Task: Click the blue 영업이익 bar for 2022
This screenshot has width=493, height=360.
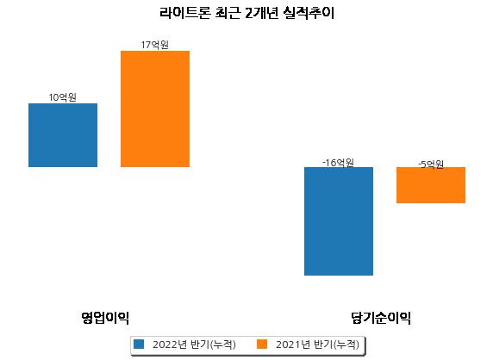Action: point(63,135)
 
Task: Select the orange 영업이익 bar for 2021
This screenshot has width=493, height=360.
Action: point(155,109)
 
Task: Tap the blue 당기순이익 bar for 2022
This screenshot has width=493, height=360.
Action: point(339,221)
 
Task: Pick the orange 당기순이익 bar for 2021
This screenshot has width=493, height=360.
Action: point(431,185)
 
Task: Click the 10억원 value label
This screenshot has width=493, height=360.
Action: point(63,97)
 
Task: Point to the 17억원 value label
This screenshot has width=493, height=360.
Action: point(154,45)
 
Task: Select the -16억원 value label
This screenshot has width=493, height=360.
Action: point(339,163)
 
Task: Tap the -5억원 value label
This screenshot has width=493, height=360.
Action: point(431,164)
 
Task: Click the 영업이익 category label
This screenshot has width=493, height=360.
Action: point(105,318)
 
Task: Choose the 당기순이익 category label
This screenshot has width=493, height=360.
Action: point(381,318)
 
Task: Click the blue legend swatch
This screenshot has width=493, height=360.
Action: point(139,344)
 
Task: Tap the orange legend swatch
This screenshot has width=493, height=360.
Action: point(262,344)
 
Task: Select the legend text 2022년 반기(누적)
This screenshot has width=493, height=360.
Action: point(194,344)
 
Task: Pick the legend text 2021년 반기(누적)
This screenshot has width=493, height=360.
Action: point(317,344)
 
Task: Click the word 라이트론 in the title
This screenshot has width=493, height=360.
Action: point(184,13)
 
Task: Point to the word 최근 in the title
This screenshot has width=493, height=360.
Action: point(228,13)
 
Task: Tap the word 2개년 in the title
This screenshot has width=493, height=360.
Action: point(262,13)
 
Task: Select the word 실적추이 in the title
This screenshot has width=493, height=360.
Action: point(309,13)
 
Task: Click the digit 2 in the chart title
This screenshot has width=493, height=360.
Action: point(249,14)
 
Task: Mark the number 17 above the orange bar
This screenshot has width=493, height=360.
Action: point(146,46)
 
